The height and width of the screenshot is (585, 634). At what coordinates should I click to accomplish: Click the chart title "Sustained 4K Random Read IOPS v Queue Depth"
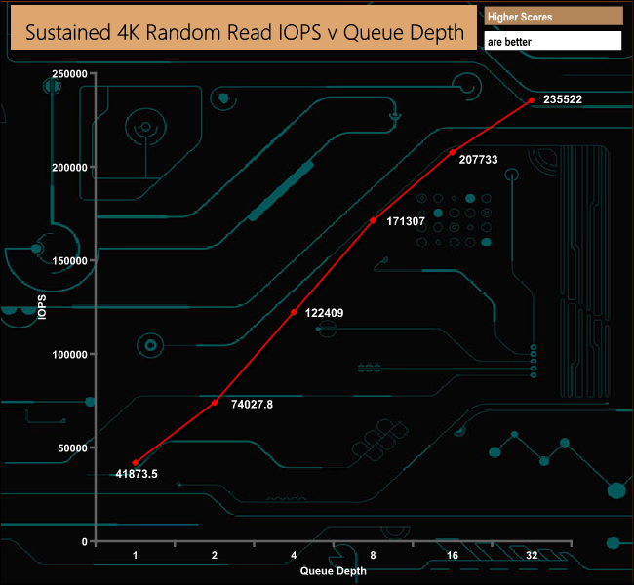(x=244, y=32)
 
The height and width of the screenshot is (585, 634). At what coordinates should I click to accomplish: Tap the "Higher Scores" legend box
(x=552, y=17)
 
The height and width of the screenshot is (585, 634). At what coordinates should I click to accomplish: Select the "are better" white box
(x=552, y=42)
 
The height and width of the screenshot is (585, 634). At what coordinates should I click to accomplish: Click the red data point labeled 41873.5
(x=136, y=463)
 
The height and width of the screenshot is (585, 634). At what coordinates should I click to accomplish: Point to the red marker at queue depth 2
(x=215, y=402)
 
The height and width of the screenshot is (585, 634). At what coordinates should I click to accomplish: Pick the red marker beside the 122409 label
(x=294, y=312)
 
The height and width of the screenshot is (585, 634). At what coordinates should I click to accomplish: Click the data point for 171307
(x=373, y=221)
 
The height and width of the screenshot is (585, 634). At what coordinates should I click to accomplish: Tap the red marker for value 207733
(x=452, y=152)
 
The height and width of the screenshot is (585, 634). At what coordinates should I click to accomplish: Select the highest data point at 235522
(x=531, y=99)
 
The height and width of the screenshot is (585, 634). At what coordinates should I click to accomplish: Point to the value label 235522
(x=563, y=99)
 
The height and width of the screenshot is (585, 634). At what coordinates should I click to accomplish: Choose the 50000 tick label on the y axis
(x=73, y=448)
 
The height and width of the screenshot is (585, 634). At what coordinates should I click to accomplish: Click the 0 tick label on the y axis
(x=85, y=541)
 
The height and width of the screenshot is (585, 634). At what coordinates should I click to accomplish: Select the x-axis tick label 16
(x=452, y=555)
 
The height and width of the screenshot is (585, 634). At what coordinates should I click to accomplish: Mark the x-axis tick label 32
(x=531, y=555)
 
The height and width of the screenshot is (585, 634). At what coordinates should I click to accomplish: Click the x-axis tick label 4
(x=294, y=555)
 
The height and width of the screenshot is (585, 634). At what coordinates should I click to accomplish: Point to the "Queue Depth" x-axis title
(x=333, y=571)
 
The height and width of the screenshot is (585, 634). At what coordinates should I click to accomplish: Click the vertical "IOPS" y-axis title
(x=41, y=307)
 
